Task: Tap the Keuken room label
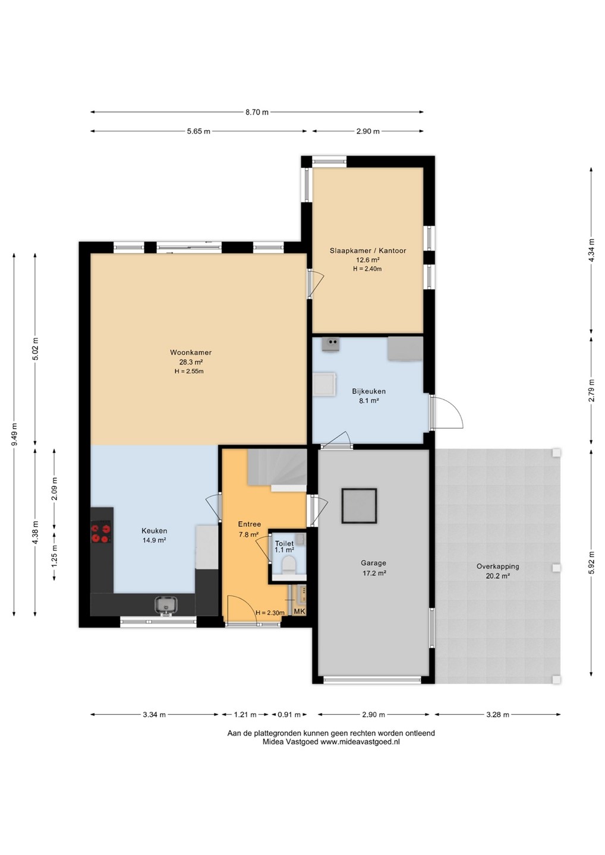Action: pyautogui.click(x=155, y=531)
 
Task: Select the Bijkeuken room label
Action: pyautogui.click(x=368, y=391)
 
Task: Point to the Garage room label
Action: pyautogui.click(x=373, y=563)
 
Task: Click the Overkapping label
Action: pyautogui.click(x=497, y=567)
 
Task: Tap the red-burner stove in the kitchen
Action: pyautogui.click(x=101, y=534)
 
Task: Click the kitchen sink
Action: pyautogui.click(x=166, y=604)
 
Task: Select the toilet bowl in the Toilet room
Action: pyautogui.click(x=288, y=565)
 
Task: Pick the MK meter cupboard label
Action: pyautogui.click(x=300, y=612)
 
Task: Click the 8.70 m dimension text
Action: pyautogui.click(x=257, y=112)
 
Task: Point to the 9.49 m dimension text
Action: pyautogui.click(x=14, y=435)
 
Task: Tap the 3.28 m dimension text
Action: pyautogui.click(x=497, y=714)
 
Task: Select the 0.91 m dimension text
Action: pyautogui.click(x=289, y=714)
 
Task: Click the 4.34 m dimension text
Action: pyautogui.click(x=591, y=250)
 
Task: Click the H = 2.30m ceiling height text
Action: pyautogui.click(x=270, y=613)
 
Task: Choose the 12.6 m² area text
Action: pyautogui.click(x=367, y=260)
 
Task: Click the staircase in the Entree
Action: pyautogui.click(x=278, y=470)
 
